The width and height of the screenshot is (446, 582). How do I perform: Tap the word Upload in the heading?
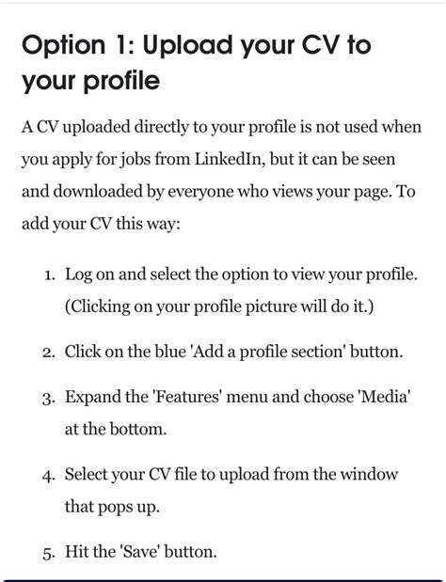pyautogui.click(x=194, y=46)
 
